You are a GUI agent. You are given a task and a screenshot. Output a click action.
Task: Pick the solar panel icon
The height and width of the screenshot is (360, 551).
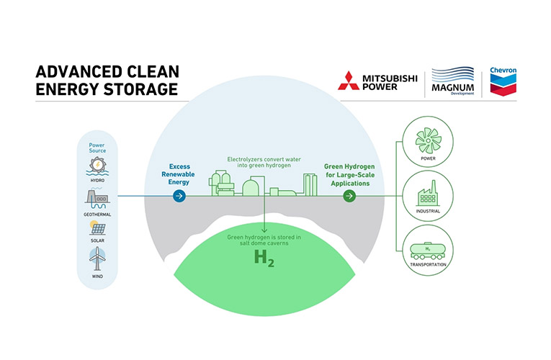click(97, 228)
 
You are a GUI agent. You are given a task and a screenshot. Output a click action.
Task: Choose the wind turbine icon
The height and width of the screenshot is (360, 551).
click(97, 257)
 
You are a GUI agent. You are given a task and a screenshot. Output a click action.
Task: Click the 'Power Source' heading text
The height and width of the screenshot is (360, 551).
click(97, 148)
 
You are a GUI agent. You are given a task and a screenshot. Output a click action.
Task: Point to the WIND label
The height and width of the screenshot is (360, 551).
click(97, 275)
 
